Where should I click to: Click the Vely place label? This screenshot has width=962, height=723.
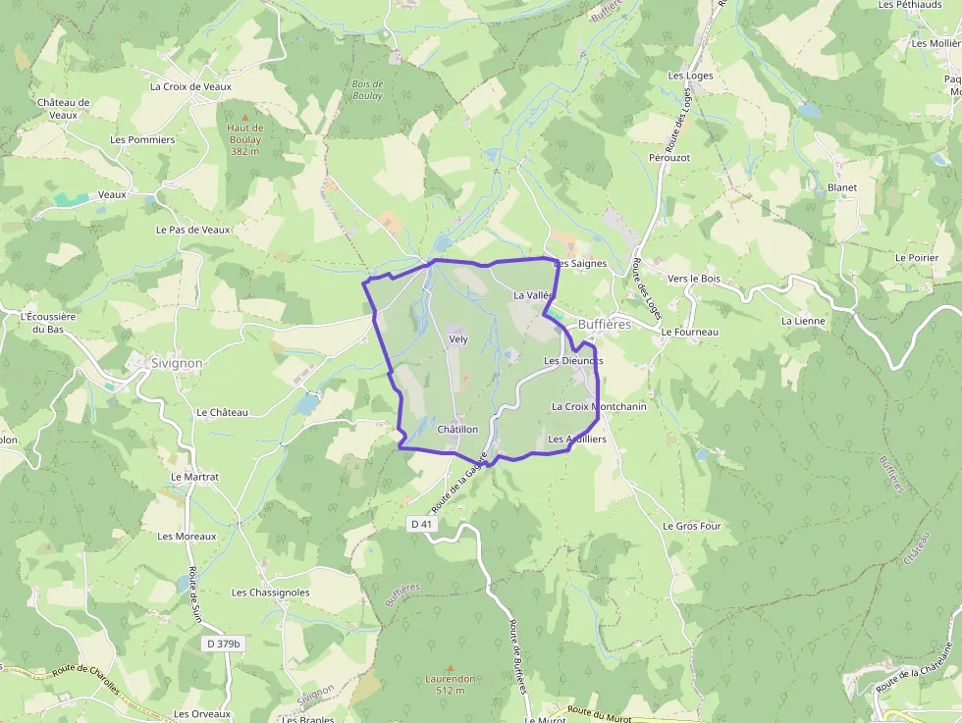coord(458,339)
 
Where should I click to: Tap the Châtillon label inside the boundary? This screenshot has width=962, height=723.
coord(457,430)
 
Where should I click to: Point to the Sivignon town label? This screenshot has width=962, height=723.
coord(178,363)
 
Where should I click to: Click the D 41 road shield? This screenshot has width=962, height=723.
coord(421,524)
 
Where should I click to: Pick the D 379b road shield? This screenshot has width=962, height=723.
coord(223,644)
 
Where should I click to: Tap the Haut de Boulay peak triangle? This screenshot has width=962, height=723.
coord(245,118)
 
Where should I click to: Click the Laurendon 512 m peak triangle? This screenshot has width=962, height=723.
coord(451,668)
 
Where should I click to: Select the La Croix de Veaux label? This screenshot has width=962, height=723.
coord(190,86)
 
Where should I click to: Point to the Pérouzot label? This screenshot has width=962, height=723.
coord(669,157)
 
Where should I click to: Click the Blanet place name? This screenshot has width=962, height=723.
coord(842,187)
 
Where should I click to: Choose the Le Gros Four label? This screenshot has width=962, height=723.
coord(692,526)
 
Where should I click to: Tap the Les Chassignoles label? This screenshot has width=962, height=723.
coord(270,593)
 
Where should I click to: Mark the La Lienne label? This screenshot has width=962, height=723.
coord(803,321)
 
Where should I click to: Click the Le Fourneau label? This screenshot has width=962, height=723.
coord(690,333)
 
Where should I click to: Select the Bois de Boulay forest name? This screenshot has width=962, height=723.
coord(367,90)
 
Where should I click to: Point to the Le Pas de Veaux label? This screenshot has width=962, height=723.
coord(192,230)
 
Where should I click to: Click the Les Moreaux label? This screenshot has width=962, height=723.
coord(187,537)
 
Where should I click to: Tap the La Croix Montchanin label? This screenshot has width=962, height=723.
coord(599,406)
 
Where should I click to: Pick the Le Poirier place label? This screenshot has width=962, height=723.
coord(917,257)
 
